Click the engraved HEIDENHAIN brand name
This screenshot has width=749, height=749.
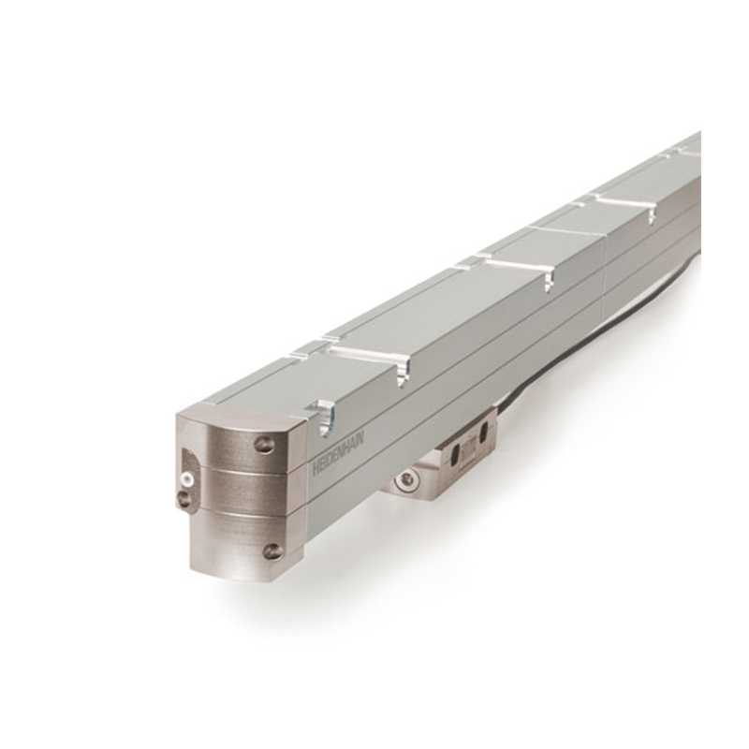click(x=338, y=452)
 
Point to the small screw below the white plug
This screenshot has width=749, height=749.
click(x=184, y=498)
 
